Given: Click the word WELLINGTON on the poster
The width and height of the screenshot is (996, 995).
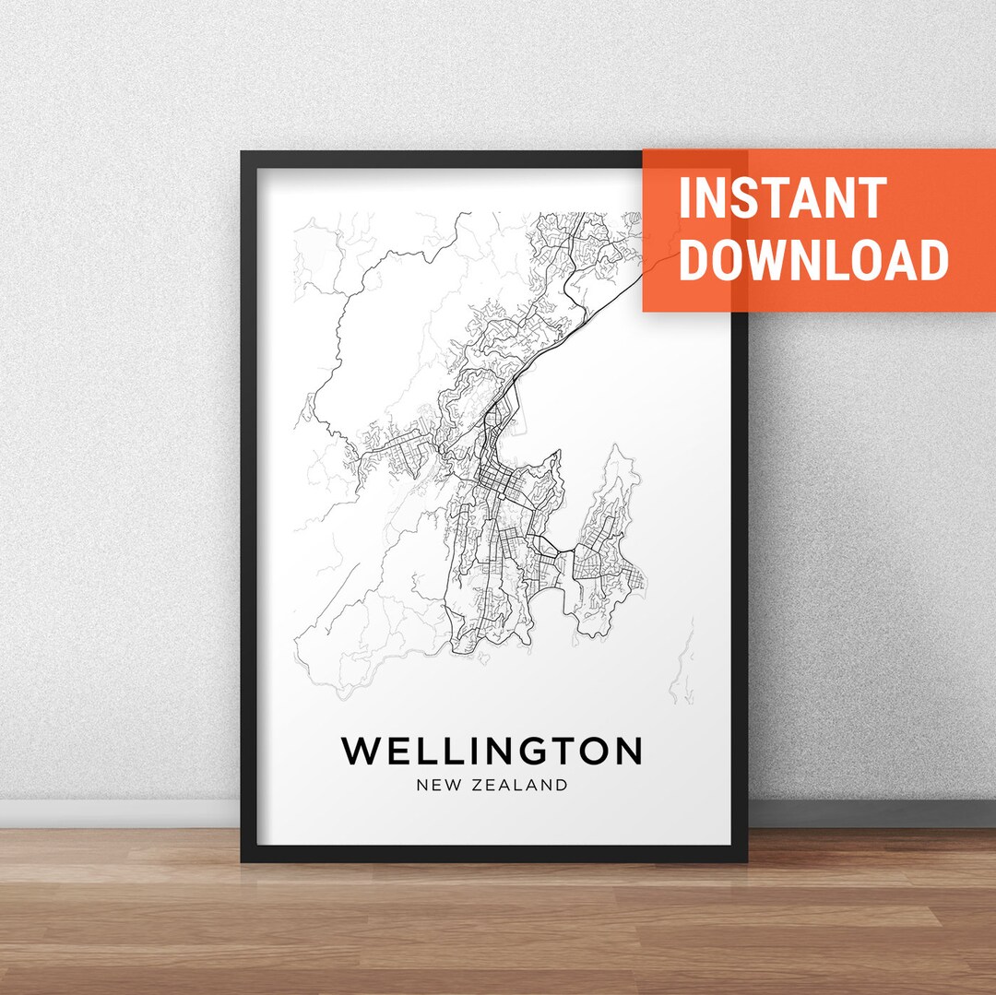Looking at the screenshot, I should [x=492, y=751].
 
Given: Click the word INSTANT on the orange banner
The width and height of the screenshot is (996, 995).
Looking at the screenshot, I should [x=782, y=197].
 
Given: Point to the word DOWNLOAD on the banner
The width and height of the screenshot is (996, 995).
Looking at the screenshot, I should [x=813, y=260].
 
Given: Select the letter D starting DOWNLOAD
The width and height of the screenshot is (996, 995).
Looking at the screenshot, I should [x=695, y=260].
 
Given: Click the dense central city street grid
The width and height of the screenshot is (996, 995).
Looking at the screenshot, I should [x=498, y=480].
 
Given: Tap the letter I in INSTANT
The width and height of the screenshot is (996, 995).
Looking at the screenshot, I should [x=685, y=197].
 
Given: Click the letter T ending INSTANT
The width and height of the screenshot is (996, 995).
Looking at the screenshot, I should [x=872, y=197].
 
